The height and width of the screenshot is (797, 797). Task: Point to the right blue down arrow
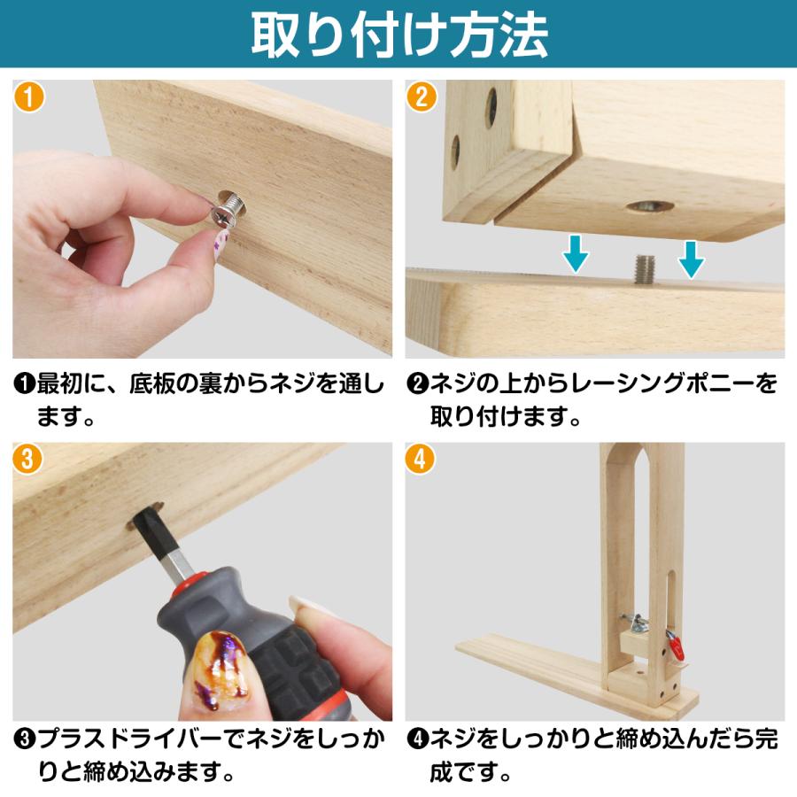click(691, 258)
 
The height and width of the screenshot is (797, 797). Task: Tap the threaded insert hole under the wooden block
click(649, 207)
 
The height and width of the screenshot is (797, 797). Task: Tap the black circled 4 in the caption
click(417, 739)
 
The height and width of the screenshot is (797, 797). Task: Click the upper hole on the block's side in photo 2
click(491, 105)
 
